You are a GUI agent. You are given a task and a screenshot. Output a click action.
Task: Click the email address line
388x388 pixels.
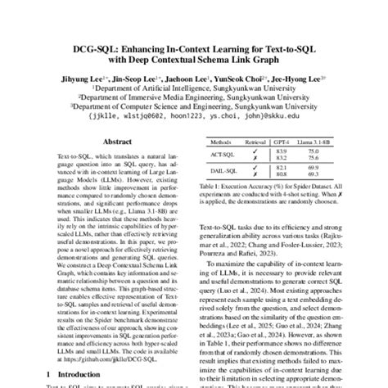[x=194, y=117]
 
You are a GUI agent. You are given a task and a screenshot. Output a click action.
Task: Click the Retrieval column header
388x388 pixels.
[x=255, y=142]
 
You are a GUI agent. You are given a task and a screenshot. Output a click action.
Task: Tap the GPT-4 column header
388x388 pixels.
[x=284, y=142]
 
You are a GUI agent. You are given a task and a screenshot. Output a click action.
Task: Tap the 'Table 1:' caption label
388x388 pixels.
[x=210, y=187]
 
